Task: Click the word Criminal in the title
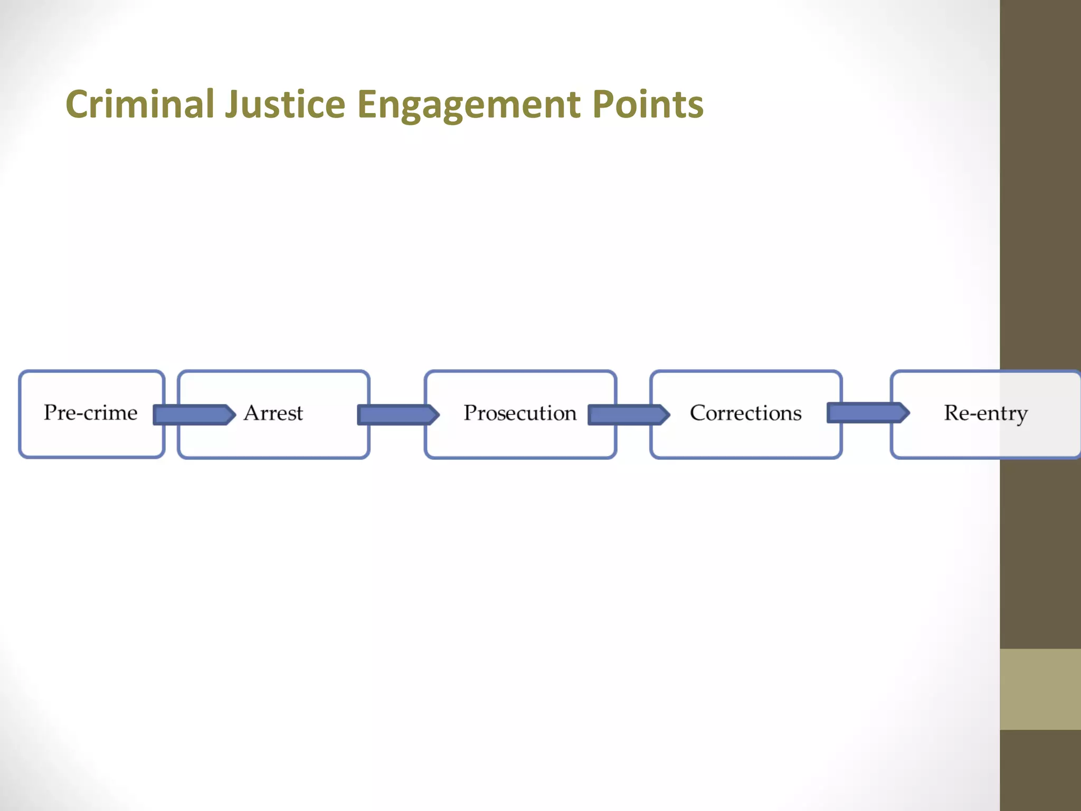tap(139, 104)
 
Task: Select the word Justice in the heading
tap(285, 104)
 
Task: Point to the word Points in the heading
tap(648, 104)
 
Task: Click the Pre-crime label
tap(91, 412)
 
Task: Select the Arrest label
tap(273, 413)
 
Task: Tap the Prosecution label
tap(520, 413)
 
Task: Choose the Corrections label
tap(745, 413)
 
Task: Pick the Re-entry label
tap(985, 413)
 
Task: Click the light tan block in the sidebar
tap(1040, 689)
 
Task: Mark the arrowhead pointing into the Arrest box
tap(230, 414)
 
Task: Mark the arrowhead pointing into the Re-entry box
tap(904, 412)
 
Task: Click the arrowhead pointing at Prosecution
tap(433, 414)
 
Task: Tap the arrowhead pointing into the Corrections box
tap(664, 414)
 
